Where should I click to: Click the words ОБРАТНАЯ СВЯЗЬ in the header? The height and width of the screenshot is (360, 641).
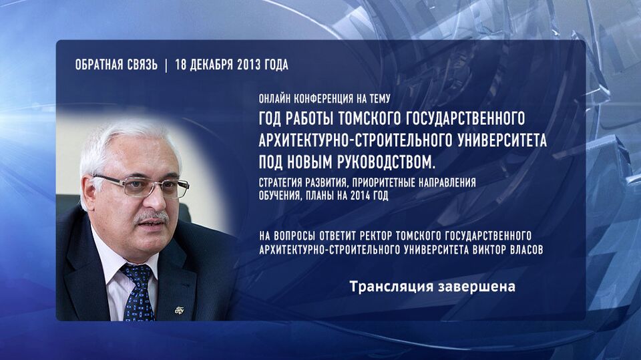click(x=116, y=65)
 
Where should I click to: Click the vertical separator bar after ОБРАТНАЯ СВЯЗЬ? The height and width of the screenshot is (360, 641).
click(x=166, y=65)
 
